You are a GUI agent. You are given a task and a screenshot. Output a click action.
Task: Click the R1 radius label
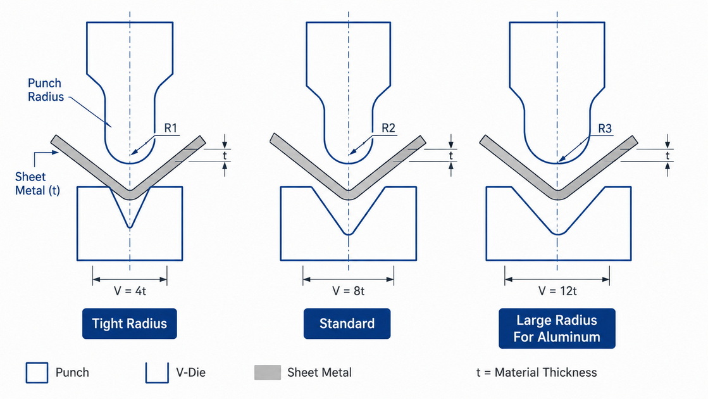click(x=170, y=128)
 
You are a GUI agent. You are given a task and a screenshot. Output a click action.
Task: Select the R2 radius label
click(x=388, y=128)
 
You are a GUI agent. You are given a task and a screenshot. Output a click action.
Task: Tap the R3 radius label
click(x=605, y=129)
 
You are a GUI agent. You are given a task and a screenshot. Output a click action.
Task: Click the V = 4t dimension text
click(x=130, y=291)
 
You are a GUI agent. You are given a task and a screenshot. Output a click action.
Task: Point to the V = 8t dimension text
click(x=348, y=291)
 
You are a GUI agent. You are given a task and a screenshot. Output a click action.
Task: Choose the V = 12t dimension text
click(x=557, y=291)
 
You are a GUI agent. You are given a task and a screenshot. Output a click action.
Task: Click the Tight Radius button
click(x=130, y=324)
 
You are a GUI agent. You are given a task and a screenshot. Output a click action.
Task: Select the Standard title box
click(x=347, y=324)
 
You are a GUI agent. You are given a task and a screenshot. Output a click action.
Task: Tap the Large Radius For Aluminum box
click(x=557, y=329)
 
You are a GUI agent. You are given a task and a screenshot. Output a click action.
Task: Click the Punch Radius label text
click(x=46, y=90)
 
